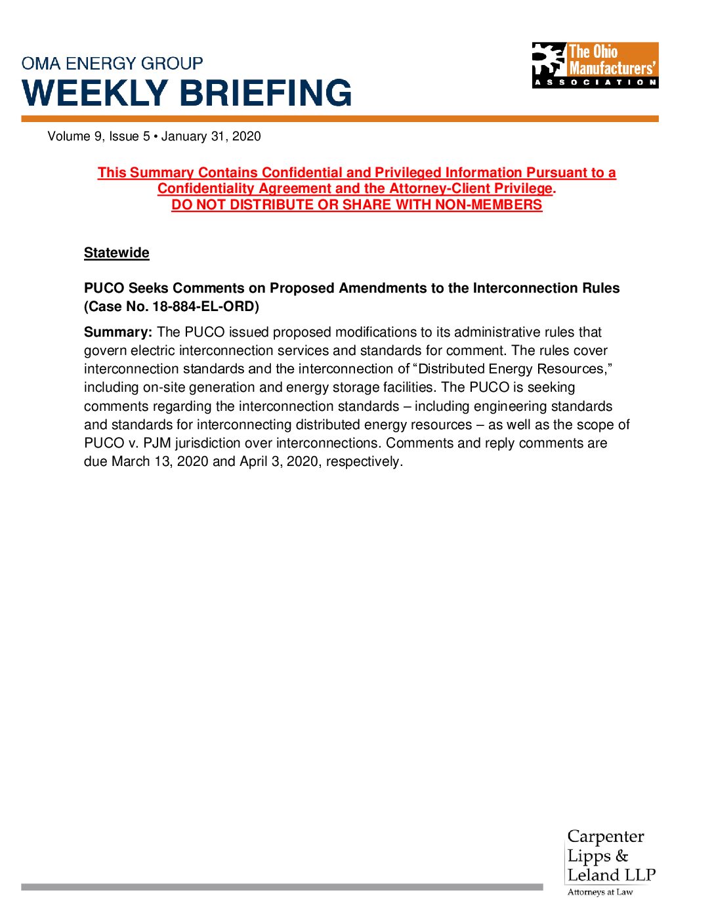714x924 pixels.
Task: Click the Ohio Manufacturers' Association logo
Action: [x=595, y=65]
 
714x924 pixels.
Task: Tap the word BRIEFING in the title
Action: [x=266, y=93]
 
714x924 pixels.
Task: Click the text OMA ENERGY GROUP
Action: [x=112, y=64]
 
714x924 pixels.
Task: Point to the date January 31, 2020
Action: [x=211, y=136]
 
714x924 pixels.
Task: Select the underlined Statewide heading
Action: [x=116, y=253]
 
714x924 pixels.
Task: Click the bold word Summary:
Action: [x=118, y=333]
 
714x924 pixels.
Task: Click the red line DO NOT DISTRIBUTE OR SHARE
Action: [x=356, y=205]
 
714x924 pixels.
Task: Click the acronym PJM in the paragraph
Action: [x=157, y=444]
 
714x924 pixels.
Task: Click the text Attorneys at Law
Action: [x=600, y=892]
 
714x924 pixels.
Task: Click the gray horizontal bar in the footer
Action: [x=282, y=887]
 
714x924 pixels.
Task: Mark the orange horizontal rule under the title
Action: [x=340, y=119]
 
